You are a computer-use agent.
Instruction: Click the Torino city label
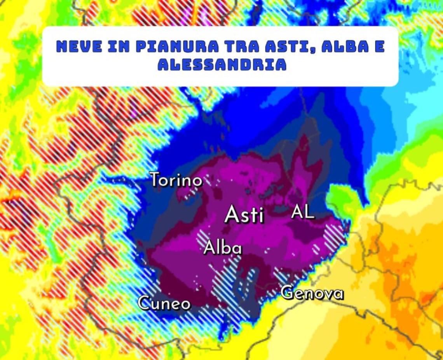(x=176, y=180)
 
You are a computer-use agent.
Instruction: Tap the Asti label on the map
(x=244, y=214)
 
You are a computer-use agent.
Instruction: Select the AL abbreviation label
(x=303, y=212)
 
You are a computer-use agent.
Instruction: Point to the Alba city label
(x=223, y=248)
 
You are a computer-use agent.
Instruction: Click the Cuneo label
(x=164, y=303)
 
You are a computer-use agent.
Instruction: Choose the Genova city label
(x=312, y=293)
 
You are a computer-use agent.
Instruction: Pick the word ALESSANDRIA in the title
(x=222, y=65)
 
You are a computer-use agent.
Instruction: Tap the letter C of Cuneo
(x=145, y=303)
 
